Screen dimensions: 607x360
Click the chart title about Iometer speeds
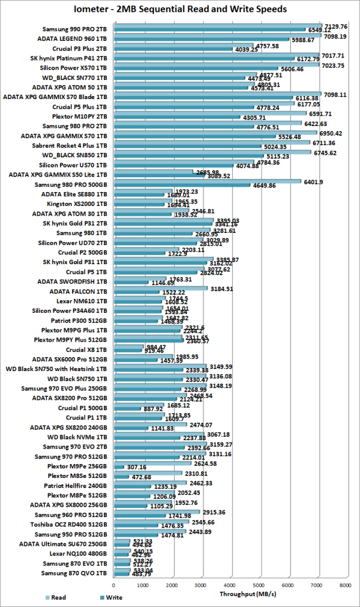coord(180,9)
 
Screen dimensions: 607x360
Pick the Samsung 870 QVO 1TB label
coord(75,573)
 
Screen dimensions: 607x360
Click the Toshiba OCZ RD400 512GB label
coord(73,524)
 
